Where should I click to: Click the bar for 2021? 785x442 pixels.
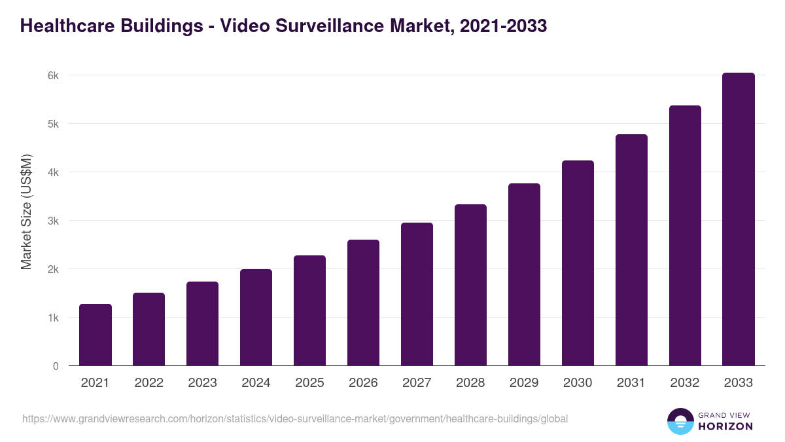tap(96, 335)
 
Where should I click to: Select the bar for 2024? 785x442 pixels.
tap(256, 318)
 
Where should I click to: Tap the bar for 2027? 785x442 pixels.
tap(417, 294)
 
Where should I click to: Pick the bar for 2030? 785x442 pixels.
tap(578, 263)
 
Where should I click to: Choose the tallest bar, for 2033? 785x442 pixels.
tap(739, 219)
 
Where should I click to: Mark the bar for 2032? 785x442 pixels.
tap(685, 236)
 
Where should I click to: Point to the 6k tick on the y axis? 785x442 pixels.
tap(53, 75)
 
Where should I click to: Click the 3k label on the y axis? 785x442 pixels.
tap(53, 221)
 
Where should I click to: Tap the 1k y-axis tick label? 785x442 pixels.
tap(53, 318)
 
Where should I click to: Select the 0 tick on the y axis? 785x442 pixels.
tap(56, 366)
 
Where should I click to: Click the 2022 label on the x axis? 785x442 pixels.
tap(149, 383)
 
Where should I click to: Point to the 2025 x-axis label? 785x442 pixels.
tap(310, 383)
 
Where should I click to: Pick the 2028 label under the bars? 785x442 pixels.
tap(470, 383)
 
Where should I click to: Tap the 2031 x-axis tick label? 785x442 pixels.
tap(631, 383)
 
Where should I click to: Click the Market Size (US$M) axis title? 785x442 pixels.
tap(26, 211)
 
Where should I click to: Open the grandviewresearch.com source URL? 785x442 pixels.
tap(295, 418)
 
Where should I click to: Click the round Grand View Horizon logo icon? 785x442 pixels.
tap(680, 421)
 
